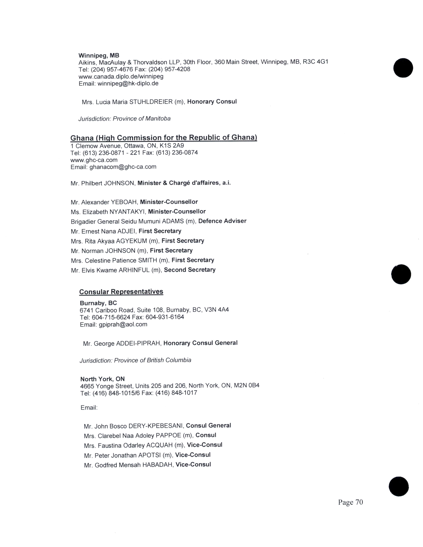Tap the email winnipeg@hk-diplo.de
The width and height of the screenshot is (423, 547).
click(128, 83)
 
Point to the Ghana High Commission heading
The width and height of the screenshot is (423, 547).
click(164, 138)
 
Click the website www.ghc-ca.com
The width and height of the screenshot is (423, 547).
click(94, 160)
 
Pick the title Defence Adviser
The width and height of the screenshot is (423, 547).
click(222, 221)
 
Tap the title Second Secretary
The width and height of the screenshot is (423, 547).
click(190, 270)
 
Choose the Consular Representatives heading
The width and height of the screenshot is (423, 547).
click(121, 292)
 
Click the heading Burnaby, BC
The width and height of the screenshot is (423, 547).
click(98, 303)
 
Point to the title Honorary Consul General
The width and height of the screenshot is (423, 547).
click(201, 343)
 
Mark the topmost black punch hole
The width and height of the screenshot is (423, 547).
click(403, 68)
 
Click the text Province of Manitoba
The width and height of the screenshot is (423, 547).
click(142, 119)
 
